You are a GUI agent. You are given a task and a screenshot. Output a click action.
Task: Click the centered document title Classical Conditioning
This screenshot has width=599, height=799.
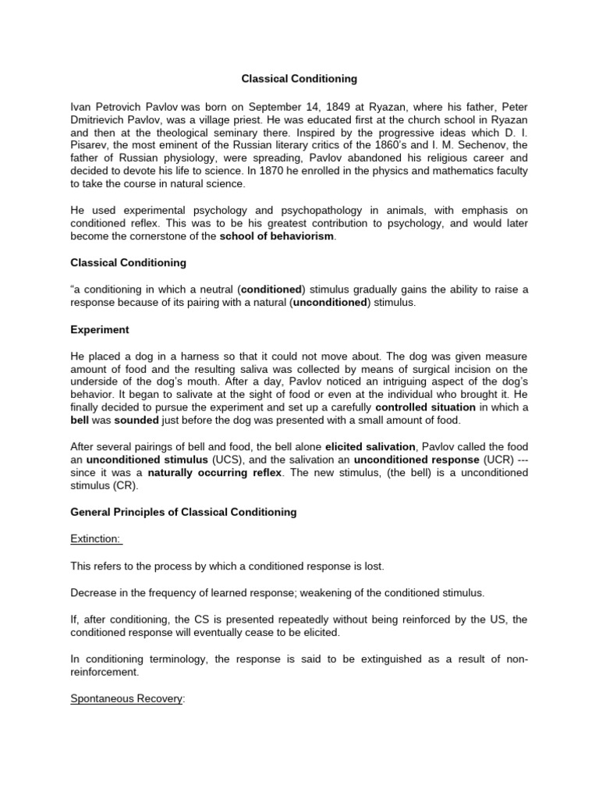point(299,79)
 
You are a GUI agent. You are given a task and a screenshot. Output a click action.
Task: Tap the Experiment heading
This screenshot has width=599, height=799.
point(100,329)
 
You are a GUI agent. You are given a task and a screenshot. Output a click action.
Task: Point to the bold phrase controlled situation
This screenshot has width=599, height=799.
point(424,407)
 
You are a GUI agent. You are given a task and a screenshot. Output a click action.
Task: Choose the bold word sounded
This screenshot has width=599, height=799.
point(136,421)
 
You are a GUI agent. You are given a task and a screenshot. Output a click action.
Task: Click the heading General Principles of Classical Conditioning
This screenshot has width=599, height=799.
point(183,513)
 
